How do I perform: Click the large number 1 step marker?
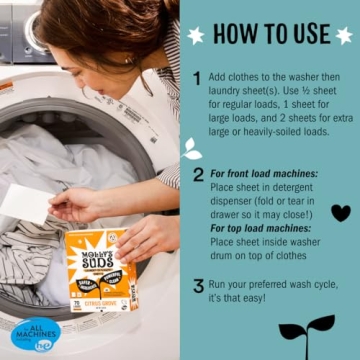tap(197, 78)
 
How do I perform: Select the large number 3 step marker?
tap(197, 286)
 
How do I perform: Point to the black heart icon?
tap(340, 212)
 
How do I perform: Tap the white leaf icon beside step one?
tap(190, 148)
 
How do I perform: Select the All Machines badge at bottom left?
tap(35, 334)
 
